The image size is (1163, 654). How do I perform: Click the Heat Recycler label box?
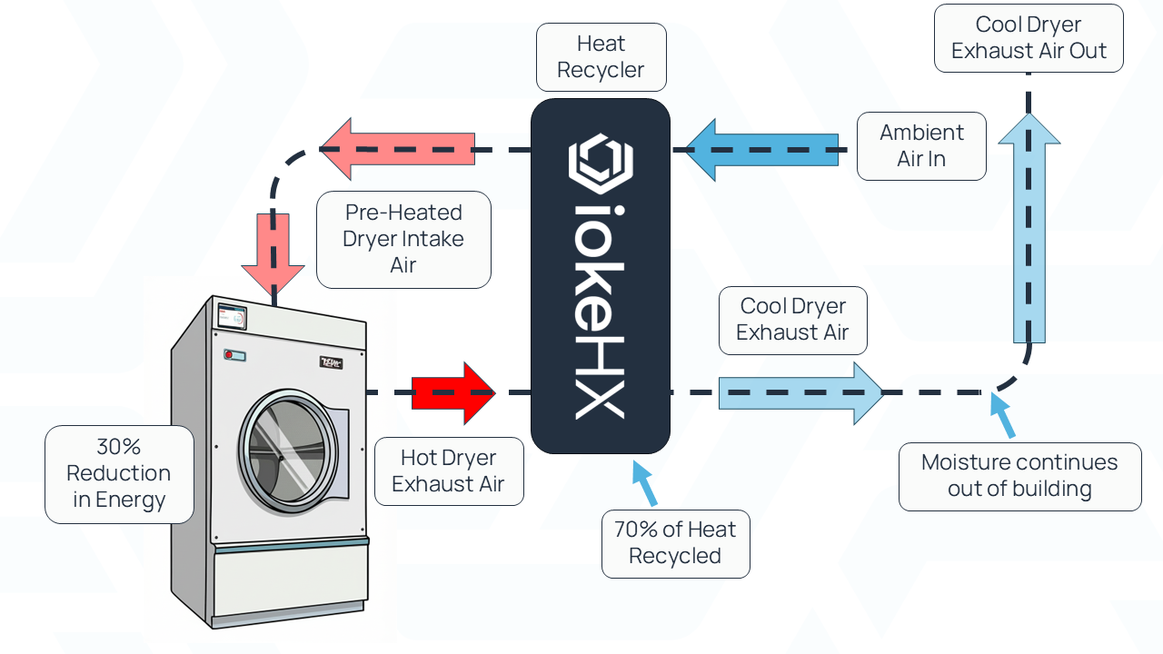(601, 57)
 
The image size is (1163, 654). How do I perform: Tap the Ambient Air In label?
(921, 146)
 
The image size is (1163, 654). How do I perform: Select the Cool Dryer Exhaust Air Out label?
(1029, 38)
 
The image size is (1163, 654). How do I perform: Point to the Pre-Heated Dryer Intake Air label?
(403, 239)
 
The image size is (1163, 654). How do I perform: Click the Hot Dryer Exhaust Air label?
(448, 471)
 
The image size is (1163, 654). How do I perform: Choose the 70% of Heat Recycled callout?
(675, 543)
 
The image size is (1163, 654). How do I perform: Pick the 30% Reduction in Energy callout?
(119, 473)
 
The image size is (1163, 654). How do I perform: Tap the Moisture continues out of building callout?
(1019, 476)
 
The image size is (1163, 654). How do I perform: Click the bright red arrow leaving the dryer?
(452, 392)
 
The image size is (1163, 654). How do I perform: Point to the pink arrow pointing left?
(396, 149)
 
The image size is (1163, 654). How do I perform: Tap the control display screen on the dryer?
(233, 317)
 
